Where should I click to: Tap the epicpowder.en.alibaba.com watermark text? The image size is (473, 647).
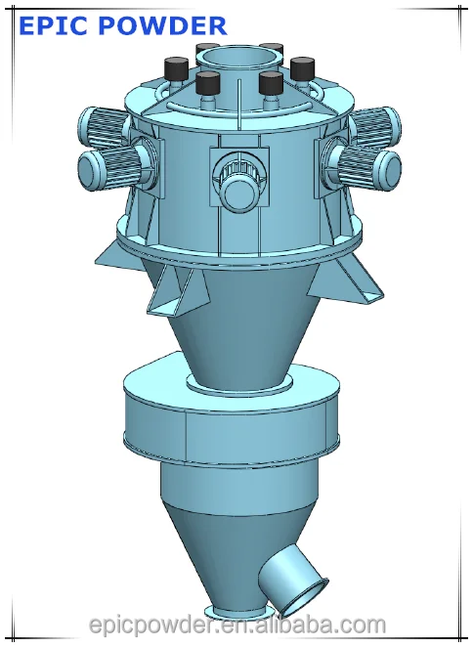pos(236,624)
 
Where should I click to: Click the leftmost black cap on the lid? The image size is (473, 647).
pos(177,69)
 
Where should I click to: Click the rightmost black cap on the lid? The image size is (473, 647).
pos(301,69)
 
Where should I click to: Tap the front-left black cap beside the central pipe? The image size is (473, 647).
pos(207,84)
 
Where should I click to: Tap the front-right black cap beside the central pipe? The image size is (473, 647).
pos(271,84)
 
